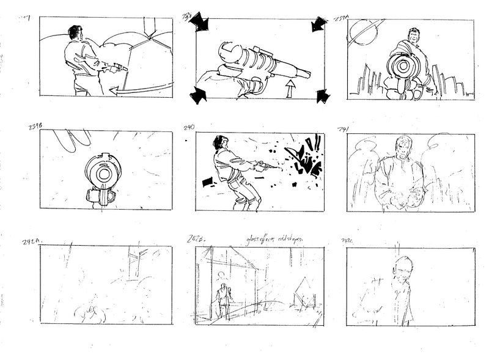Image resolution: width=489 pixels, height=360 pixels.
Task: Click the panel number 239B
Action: click(36, 127)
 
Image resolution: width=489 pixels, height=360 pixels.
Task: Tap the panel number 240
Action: click(188, 127)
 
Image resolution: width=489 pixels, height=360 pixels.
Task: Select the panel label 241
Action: click(343, 129)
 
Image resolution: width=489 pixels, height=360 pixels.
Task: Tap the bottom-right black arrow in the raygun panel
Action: click(323, 96)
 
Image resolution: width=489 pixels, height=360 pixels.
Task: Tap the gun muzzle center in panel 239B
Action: click(103, 175)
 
